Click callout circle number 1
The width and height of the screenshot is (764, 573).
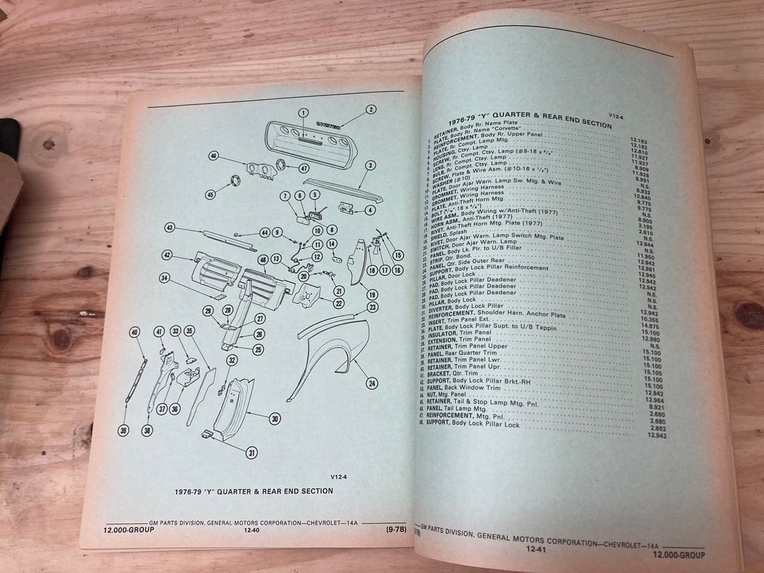tap(303, 113)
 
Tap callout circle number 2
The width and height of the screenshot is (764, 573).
tap(371, 109)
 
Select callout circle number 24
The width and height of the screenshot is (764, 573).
tap(372, 383)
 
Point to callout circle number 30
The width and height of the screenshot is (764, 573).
tap(274, 419)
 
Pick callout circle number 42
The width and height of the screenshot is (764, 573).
tap(168, 255)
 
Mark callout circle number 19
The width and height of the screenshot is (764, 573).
tap(372, 294)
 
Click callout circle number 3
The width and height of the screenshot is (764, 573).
tap(371, 165)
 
